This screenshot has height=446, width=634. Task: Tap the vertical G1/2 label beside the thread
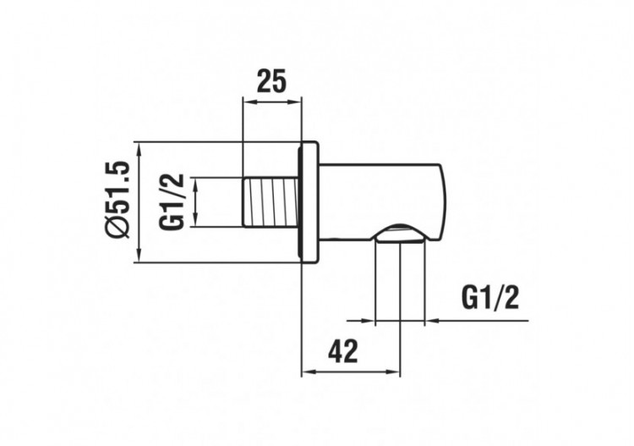coord(172,202)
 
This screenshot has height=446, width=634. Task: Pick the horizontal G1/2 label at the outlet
coord(490,297)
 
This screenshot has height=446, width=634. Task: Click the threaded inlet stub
coord(271,201)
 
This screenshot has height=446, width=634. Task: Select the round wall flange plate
coord(309,201)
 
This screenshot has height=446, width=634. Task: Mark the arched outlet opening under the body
coord(399,234)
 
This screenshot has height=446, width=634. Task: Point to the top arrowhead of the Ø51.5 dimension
coord(139,147)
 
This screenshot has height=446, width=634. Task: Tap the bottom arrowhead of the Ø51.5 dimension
coord(139,256)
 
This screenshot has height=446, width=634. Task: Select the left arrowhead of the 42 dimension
coord(307,372)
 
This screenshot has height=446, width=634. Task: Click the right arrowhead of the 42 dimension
coord(396,372)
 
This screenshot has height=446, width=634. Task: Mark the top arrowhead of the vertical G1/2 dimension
coord(196,183)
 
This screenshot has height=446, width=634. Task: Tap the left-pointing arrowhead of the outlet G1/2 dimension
coord(430,321)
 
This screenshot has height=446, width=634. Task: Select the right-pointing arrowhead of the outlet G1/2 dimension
coord(369,321)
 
